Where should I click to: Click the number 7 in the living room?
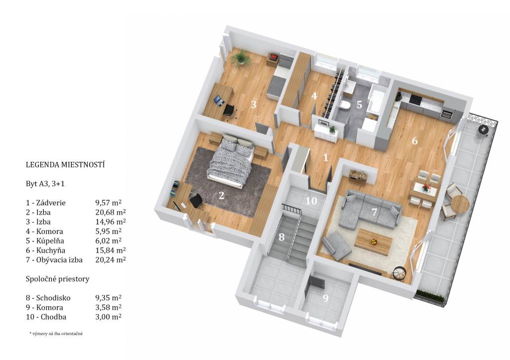pyautogui.click(x=374, y=212)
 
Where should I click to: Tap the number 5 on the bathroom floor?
pyautogui.click(x=359, y=105)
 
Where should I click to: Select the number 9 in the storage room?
pyautogui.click(x=326, y=298)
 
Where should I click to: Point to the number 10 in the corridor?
pyautogui.click(x=311, y=201)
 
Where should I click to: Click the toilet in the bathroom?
pyautogui.click(x=344, y=105)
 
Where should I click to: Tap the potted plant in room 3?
pyautogui.click(x=241, y=58)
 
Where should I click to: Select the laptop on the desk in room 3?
pyautogui.click(x=219, y=101)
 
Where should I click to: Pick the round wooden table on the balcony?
pyautogui.click(x=460, y=204)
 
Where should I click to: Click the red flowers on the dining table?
pyautogui.click(x=425, y=187)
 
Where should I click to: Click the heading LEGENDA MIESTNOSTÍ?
pyautogui.click(x=65, y=164)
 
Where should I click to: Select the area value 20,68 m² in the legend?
pyautogui.click(x=110, y=212)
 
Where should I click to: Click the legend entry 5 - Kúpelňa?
pyautogui.click(x=45, y=241)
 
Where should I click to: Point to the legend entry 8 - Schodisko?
pyautogui.click(x=48, y=298)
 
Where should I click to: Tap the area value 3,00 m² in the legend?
pyautogui.click(x=108, y=317)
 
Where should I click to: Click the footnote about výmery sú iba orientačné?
pyautogui.click(x=56, y=334)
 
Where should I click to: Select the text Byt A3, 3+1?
pyautogui.click(x=45, y=184)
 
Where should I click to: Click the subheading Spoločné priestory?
pyautogui.click(x=58, y=279)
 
